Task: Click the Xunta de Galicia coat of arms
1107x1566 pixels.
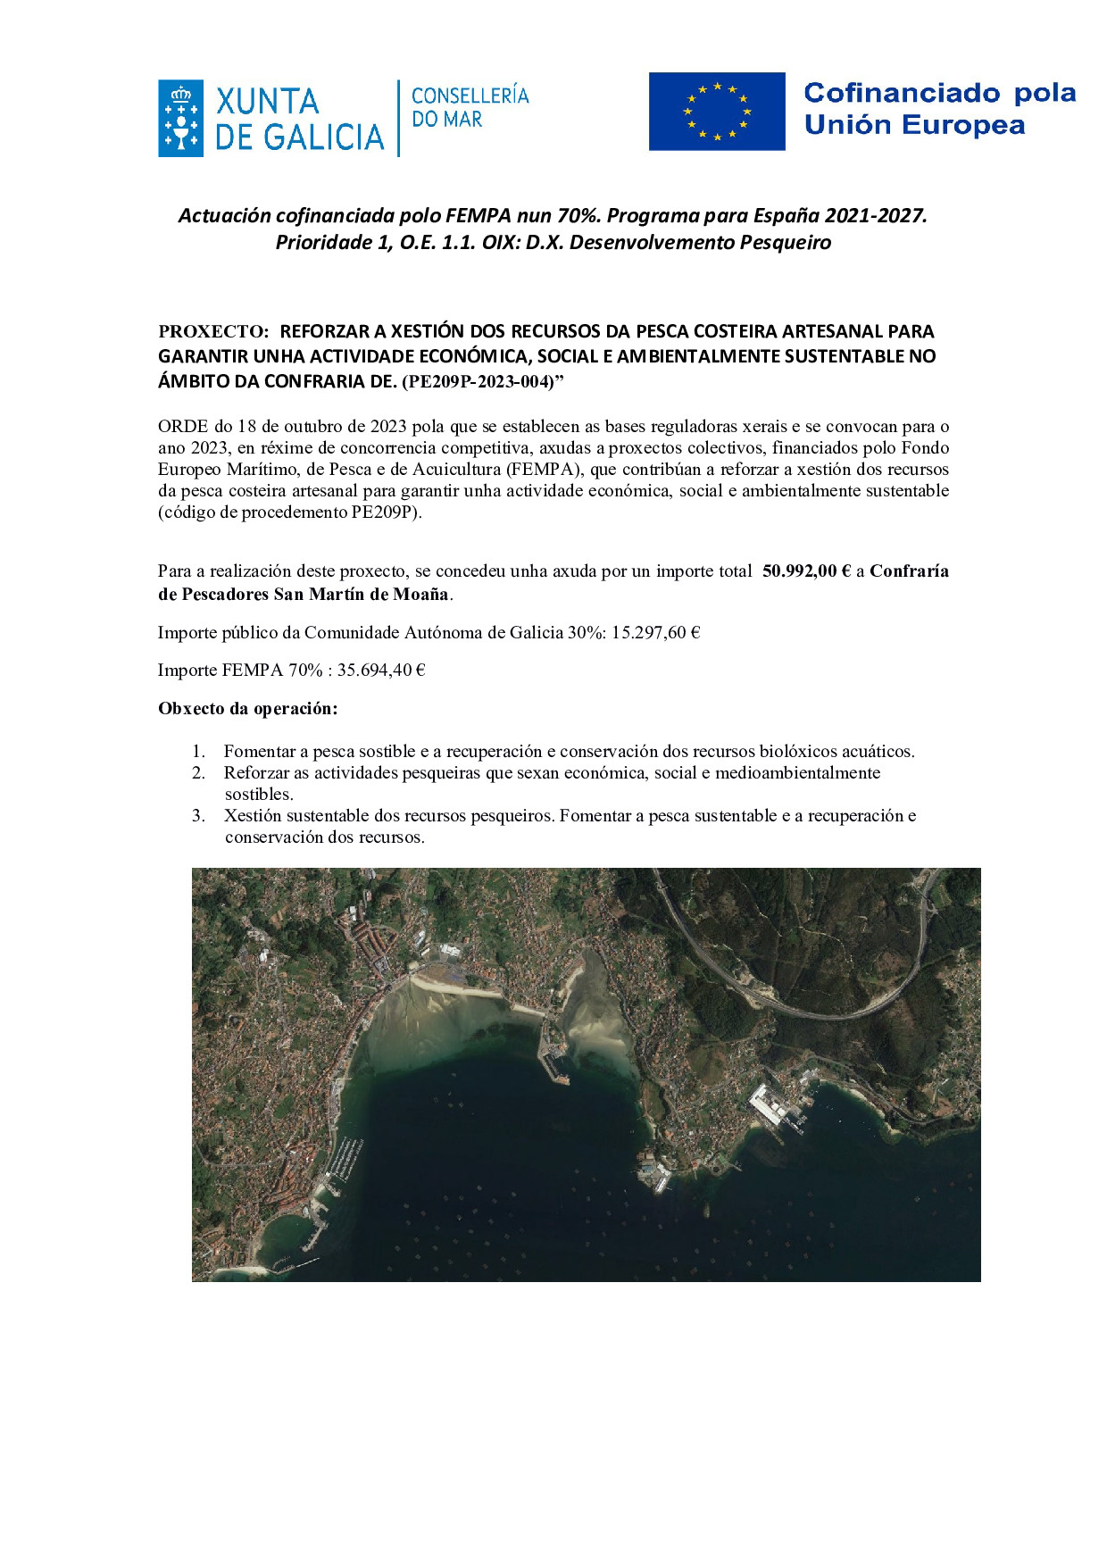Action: tap(180, 119)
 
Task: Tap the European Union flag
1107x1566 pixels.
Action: tap(717, 112)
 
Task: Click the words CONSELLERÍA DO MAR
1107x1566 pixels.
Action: tap(470, 107)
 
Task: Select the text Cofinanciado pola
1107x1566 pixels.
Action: tap(939, 93)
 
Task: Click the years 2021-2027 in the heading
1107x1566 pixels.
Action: tap(875, 215)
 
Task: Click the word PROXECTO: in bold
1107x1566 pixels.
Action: tap(213, 331)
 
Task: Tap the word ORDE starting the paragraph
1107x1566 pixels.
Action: tap(183, 426)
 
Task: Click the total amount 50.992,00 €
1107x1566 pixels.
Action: tap(806, 571)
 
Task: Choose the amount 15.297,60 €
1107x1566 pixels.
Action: tap(655, 632)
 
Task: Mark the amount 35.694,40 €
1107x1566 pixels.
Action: tap(380, 670)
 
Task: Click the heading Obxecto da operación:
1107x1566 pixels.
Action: tap(248, 709)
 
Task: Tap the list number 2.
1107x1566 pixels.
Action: tap(198, 772)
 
